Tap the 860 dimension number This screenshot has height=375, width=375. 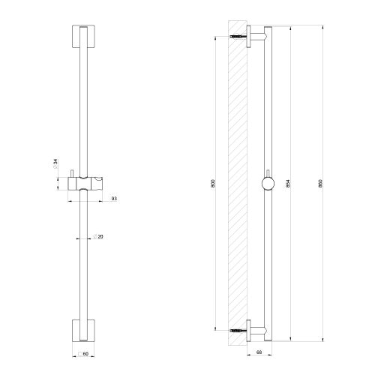[x=321, y=183]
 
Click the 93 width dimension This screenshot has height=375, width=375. [x=113, y=198]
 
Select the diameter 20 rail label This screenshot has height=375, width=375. [x=100, y=237]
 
